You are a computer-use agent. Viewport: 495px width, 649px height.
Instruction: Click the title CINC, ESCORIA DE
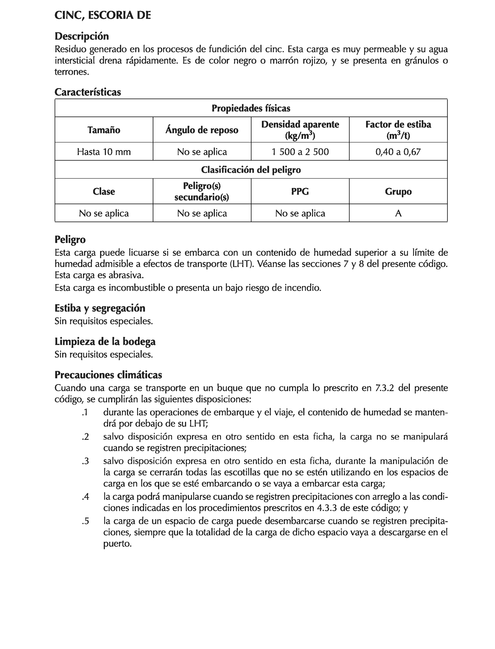coord(103,15)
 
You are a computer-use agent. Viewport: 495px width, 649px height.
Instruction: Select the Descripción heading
coord(82,36)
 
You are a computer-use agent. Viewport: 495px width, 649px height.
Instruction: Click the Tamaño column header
coord(104,130)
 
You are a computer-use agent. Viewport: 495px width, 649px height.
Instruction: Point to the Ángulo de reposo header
coord(202,130)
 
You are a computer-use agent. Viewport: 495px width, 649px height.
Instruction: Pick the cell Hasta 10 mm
coord(104,152)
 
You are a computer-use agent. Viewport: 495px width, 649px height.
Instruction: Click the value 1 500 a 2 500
coord(300,152)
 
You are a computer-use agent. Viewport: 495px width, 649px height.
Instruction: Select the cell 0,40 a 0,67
coord(398,152)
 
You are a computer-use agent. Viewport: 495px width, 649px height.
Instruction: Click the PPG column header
coord(300,191)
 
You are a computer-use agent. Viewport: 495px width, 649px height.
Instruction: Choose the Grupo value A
coord(398,213)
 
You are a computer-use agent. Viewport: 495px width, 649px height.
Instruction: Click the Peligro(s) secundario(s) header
coord(202,191)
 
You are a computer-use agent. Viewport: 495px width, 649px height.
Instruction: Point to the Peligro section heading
coord(70,239)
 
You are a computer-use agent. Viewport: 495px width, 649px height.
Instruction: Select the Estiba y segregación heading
coord(100,308)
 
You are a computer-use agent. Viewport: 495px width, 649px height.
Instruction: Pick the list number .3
coord(85,461)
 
